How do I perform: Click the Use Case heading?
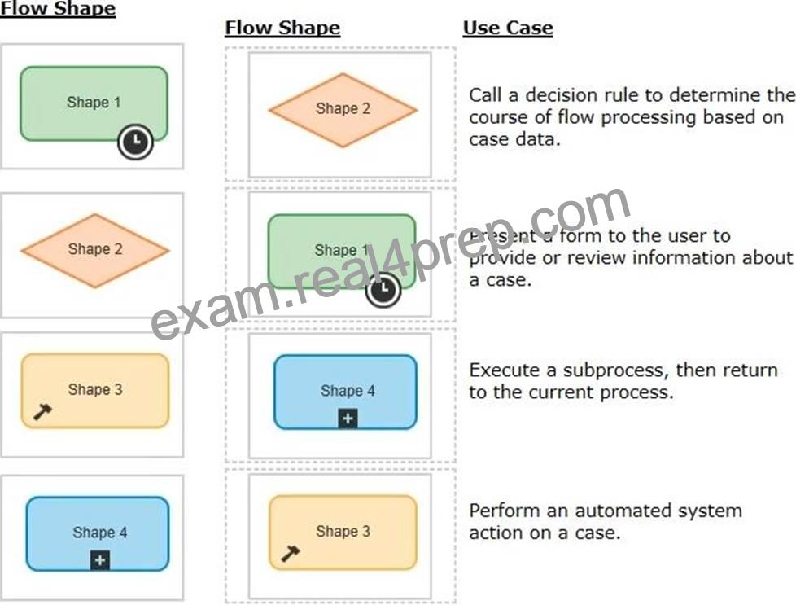pyautogui.click(x=508, y=28)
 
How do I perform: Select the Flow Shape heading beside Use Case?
pyautogui.click(x=282, y=28)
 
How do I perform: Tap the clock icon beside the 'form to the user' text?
pyautogui.click(x=383, y=290)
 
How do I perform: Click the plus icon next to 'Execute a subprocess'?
pyautogui.click(x=348, y=419)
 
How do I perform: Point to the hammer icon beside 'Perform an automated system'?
pyautogui.click(x=290, y=553)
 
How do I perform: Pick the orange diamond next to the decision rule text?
pyautogui.click(x=343, y=110)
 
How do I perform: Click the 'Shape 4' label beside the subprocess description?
pyautogui.click(x=348, y=391)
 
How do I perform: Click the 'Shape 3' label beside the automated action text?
pyautogui.click(x=343, y=532)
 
